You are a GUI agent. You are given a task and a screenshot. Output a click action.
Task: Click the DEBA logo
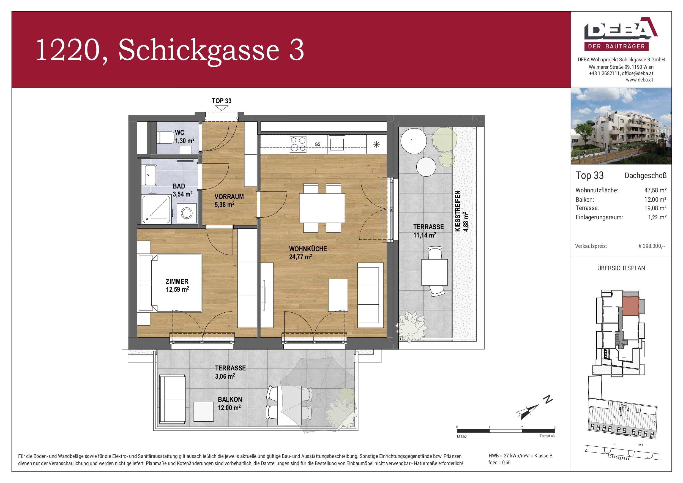621,34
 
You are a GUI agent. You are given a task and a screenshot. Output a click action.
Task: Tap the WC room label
184,137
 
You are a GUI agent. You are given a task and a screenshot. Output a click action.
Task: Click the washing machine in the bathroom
187,213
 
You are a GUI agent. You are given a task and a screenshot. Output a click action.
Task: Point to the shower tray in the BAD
157,209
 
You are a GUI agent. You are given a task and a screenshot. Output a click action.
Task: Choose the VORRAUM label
229,201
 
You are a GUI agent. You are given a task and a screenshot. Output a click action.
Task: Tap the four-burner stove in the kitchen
298,144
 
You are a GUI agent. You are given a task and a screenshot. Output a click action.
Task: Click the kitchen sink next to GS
337,144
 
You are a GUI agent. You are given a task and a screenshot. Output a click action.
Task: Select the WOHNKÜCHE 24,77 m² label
308,253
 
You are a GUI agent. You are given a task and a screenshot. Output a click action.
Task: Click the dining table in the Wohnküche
322,208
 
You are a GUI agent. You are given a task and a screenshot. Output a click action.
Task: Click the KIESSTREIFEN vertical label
458,211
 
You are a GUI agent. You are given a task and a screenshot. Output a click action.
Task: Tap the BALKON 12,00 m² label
230,403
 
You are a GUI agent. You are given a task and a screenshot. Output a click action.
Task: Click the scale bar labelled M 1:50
506,431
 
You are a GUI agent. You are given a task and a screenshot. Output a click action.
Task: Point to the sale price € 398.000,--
652,246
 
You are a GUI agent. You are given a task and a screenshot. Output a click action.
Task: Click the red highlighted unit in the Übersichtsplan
631,306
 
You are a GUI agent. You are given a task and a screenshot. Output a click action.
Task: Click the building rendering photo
621,126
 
